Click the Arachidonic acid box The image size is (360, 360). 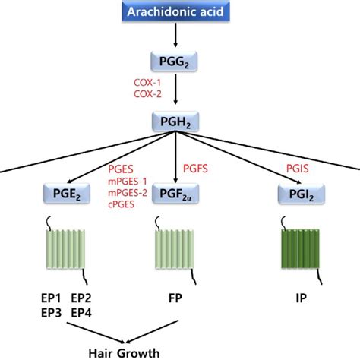(x=180, y=11)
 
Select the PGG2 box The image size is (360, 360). (x=180, y=61)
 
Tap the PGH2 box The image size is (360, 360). (x=180, y=122)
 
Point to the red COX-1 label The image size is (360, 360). (x=149, y=81)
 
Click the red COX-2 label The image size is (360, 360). (x=149, y=93)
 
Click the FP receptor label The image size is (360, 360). (x=180, y=297)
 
